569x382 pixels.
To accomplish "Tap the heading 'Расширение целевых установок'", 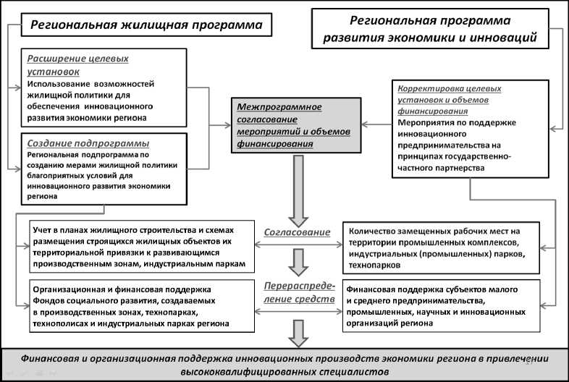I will [x=69, y=64].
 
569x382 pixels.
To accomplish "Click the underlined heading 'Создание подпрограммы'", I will [x=83, y=143].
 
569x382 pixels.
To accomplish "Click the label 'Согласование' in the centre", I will [x=297, y=232].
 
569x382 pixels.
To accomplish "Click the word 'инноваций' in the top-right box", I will [x=508, y=35].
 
